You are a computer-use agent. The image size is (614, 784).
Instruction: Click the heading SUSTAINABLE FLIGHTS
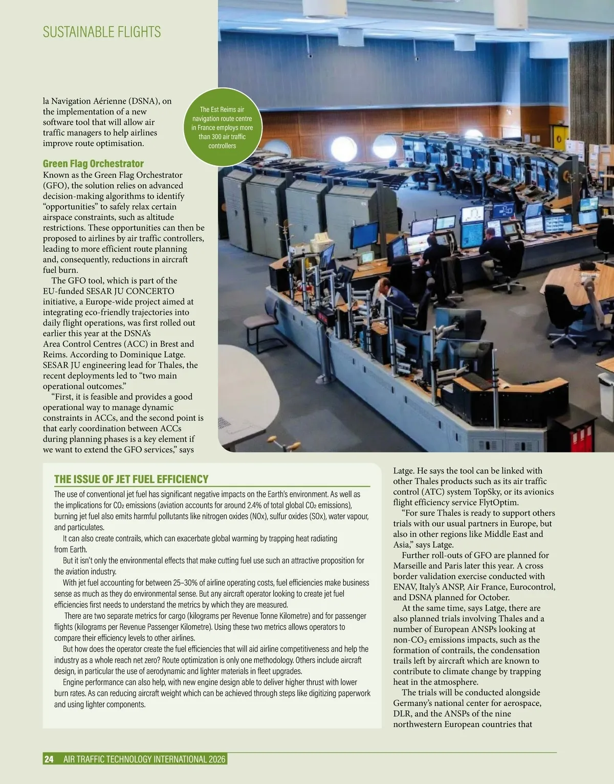click(102, 32)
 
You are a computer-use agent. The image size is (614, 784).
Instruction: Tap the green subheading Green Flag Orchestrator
click(93, 164)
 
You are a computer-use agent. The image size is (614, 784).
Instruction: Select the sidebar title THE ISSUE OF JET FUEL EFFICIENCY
click(131, 480)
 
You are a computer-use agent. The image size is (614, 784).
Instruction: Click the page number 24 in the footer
click(49, 759)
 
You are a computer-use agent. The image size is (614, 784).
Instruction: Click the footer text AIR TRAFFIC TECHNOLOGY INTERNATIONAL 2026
click(144, 759)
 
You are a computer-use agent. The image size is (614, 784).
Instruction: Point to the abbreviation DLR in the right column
click(402, 714)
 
